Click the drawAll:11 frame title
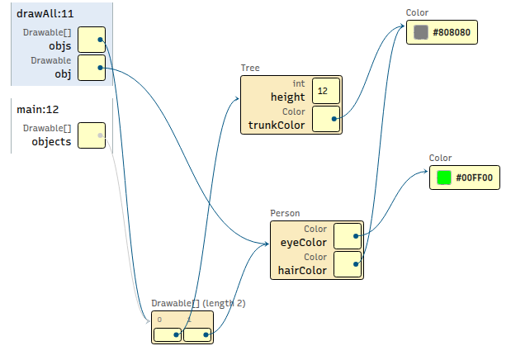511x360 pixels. click(x=45, y=14)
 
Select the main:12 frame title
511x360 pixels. click(x=38, y=110)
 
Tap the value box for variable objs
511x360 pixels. click(x=92, y=40)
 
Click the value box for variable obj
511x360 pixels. click(x=92, y=68)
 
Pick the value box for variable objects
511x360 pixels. click(x=92, y=135)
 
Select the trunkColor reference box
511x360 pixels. click(x=326, y=119)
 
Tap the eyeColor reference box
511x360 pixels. click(x=348, y=236)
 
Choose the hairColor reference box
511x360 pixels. click(x=348, y=264)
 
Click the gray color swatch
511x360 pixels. click(x=421, y=32)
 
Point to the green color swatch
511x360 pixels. click(x=444, y=178)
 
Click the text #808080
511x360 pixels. click(x=452, y=32)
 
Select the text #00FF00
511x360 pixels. click(x=475, y=178)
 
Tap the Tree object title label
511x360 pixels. click(x=250, y=68)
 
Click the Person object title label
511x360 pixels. click(x=285, y=213)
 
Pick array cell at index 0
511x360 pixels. click(x=168, y=334)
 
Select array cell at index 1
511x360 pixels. click(x=197, y=334)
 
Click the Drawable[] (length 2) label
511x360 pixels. click(x=198, y=303)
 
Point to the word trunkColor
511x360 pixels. click(x=277, y=125)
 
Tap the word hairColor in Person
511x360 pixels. click(x=302, y=270)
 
